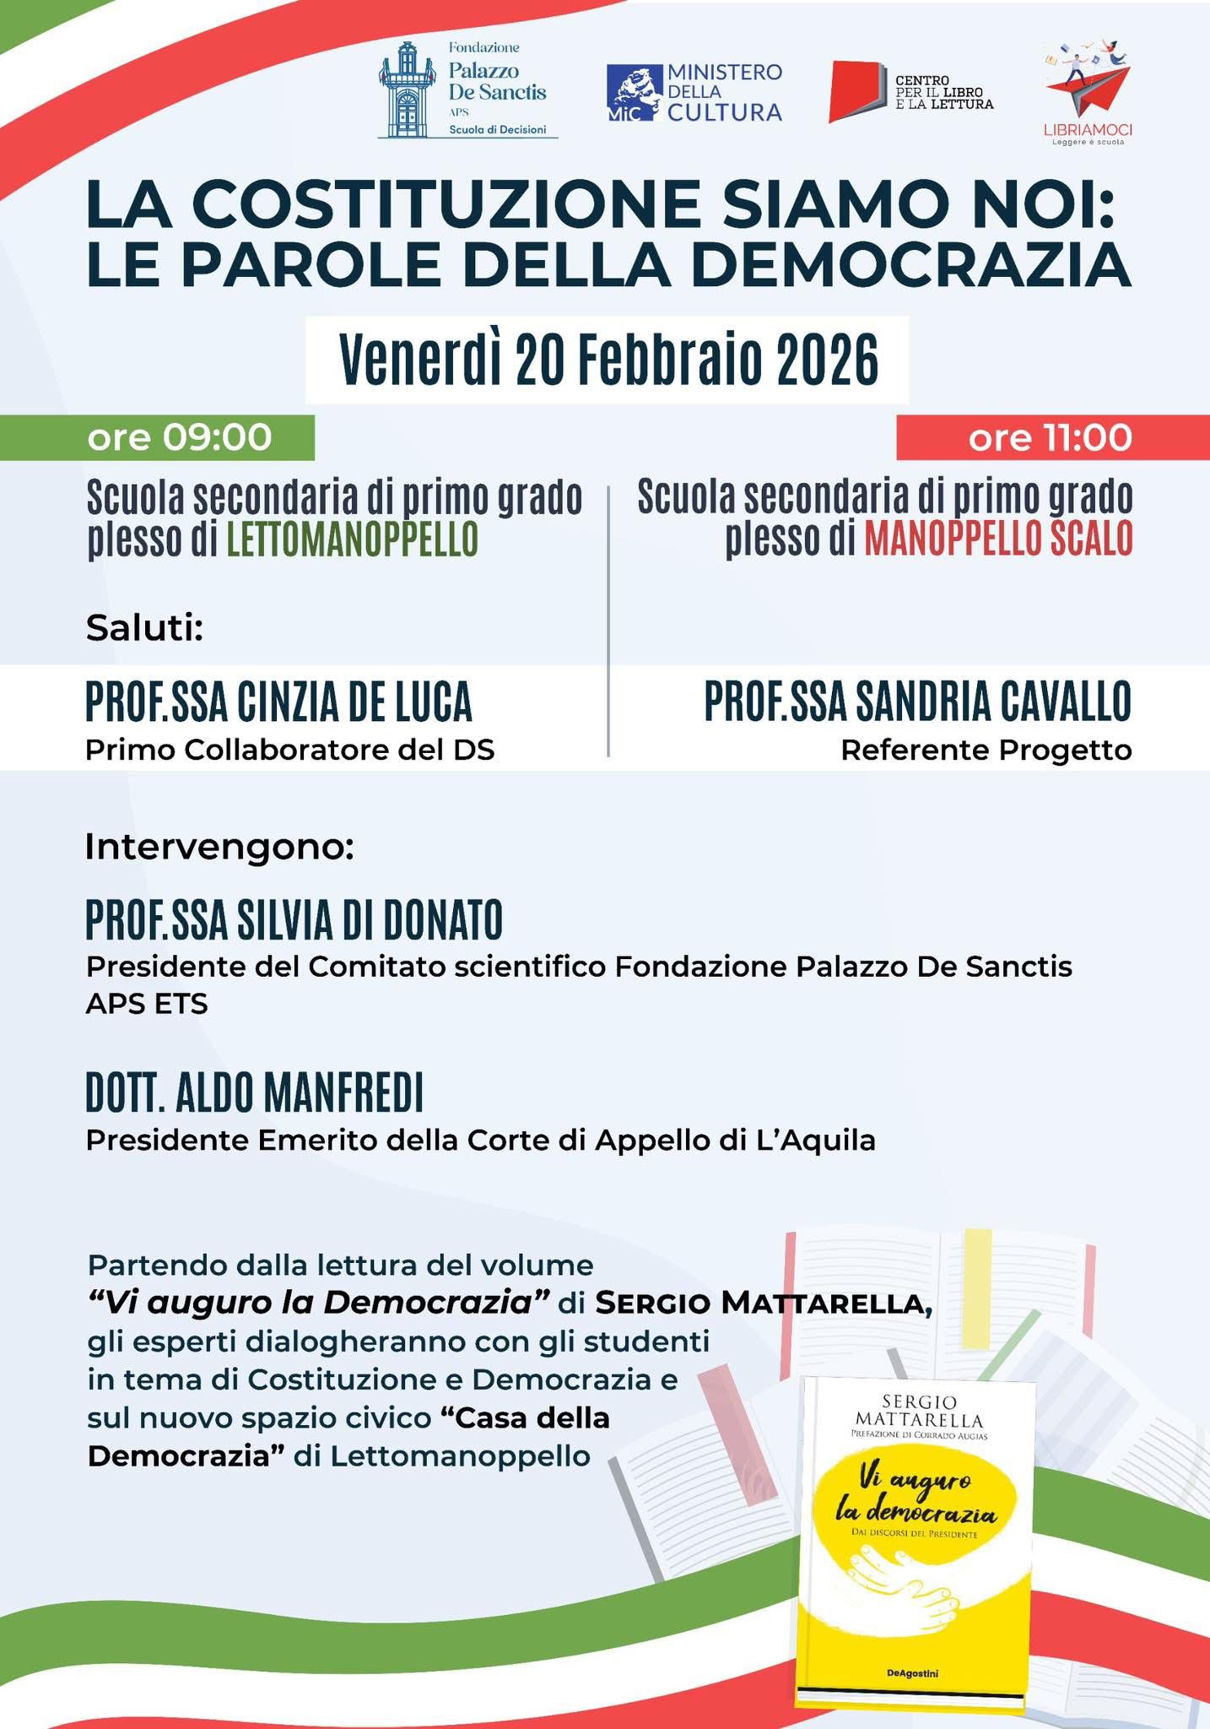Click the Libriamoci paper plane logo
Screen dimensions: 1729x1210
[x=1088, y=84]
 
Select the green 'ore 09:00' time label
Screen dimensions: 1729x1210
[x=180, y=438]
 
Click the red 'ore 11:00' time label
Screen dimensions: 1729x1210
[x=1050, y=438]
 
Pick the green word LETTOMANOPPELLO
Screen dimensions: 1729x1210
[x=352, y=540]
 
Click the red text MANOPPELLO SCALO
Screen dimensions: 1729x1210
[x=997, y=540]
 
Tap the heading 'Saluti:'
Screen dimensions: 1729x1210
[x=145, y=629]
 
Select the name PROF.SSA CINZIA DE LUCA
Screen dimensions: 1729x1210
[x=278, y=702]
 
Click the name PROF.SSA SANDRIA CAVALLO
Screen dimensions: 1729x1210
[x=917, y=702]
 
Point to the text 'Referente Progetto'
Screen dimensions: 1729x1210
[x=986, y=750]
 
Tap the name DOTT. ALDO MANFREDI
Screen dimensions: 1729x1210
[x=254, y=1093]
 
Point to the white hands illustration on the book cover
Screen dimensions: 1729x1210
[x=903, y=1587]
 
